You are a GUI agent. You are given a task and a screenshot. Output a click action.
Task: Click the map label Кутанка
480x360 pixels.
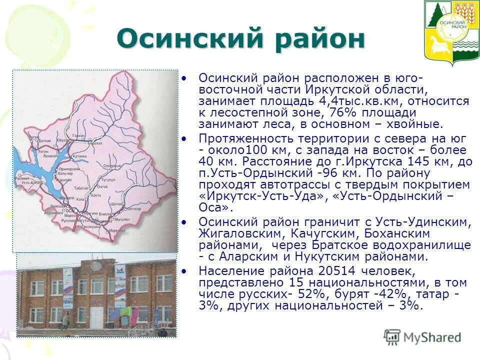click(x=80, y=156)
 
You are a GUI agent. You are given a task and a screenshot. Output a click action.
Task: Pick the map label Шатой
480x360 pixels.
click(x=116, y=204)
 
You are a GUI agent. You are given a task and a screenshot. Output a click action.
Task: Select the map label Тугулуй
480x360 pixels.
click(x=108, y=179)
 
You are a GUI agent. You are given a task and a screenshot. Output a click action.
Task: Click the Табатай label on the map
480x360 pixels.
click(x=80, y=188)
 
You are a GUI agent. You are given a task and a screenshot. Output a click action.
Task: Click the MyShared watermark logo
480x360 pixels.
click(x=423, y=337)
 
